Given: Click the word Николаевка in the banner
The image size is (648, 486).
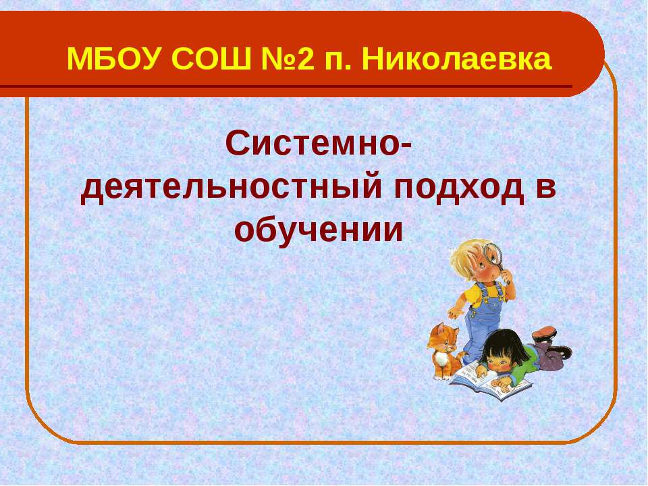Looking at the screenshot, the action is (x=457, y=59).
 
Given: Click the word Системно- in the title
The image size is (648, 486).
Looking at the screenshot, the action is (x=318, y=143).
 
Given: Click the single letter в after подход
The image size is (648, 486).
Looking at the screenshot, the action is (x=546, y=187).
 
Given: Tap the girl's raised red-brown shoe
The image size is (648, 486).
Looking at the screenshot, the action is (x=544, y=332).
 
